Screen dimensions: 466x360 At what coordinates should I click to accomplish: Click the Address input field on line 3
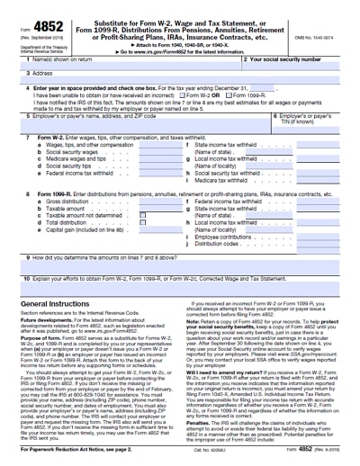tap(180, 76)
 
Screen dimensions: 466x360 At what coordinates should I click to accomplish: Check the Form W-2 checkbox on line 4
tap(184, 95)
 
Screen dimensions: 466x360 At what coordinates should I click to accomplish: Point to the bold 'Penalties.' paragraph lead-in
tap(200, 417)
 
